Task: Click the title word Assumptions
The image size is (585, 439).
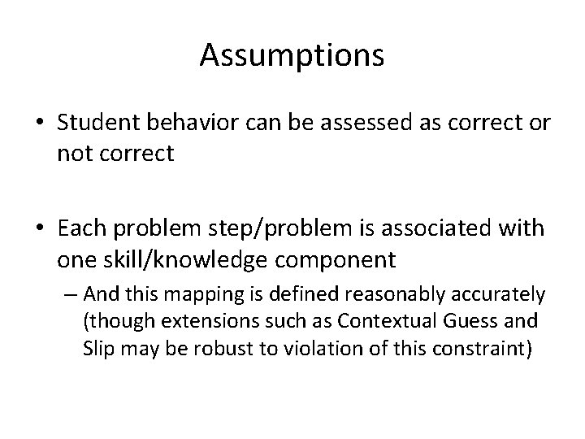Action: pyautogui.click(x=292, y=55)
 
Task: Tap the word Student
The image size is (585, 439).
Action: pyautogui.click(x=92, y=123)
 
